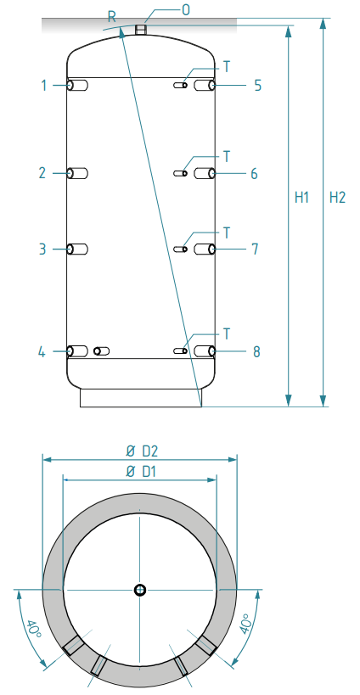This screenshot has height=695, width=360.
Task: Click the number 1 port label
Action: (x=44, y=85)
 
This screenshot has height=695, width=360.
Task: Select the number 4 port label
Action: (x=42, y=352)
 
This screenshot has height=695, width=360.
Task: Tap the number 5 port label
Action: (x=257, y=85)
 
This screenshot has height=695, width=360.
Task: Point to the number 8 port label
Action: (x=256, y=352)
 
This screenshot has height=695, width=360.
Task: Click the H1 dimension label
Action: (x=302, y=198)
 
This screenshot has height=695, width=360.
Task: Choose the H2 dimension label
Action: (x=337, y=198)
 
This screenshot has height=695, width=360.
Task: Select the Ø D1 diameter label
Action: (x=141, y=472)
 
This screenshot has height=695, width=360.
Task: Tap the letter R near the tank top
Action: (x=112, y=17)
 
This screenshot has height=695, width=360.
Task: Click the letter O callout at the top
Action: (x=186, y=9)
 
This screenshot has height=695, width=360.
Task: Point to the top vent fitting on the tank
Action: (x=141, y=30)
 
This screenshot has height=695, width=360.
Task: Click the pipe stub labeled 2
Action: (x=77, y=173)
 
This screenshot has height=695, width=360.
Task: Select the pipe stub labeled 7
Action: (x=205, y=249)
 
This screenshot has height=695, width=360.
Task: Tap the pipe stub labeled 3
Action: (x=77, y=249)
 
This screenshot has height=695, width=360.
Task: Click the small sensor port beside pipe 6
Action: (x=181, y=173)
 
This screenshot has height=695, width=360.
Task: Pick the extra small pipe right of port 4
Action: (x=102, y=351)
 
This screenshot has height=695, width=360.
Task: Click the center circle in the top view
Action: (x=140, y=590)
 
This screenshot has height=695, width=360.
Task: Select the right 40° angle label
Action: (x=245, y=625)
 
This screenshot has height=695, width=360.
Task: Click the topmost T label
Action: (x=227, y=66)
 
